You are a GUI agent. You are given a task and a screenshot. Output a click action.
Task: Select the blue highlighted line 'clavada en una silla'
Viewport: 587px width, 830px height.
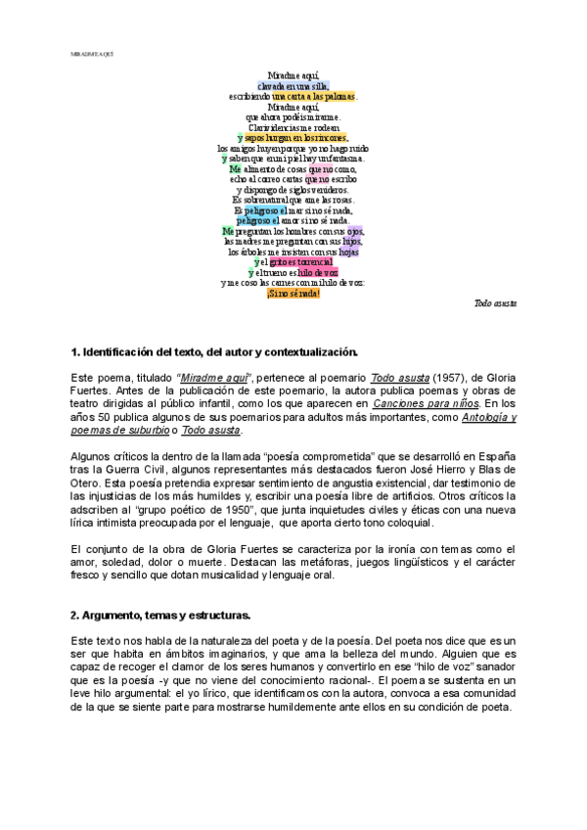click(293, 85)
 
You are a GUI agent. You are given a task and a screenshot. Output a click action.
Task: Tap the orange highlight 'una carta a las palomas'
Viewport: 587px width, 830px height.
click(314, 96)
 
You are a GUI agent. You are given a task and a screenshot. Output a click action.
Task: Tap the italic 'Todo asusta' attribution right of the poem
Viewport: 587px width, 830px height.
click(496, 304)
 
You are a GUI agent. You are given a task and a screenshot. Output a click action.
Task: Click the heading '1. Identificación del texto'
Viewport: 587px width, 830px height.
click(215, 351)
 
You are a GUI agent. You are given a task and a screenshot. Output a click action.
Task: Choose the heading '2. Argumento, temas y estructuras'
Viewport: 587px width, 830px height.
click(161, 615)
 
